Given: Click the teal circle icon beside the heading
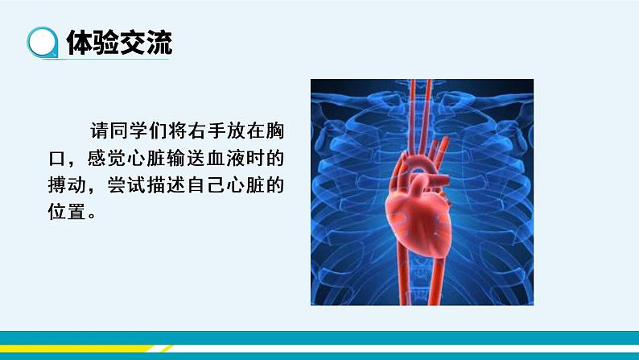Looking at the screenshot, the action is point(43,43).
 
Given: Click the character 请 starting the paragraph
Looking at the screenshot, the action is point(99,131).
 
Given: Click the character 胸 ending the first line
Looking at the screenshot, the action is point(274,131).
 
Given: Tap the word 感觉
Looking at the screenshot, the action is point(106,159).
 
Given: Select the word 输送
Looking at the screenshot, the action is point(186,159).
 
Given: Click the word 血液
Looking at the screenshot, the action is point(225,159).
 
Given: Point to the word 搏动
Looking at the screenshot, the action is point(67,185).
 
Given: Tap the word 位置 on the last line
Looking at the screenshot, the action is point(67,213).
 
